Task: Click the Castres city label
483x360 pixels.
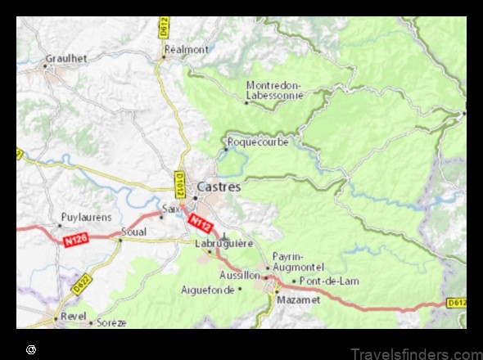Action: [x=219, y=187]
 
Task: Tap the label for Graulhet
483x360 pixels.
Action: [x=66, y=58]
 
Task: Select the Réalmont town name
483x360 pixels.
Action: [x=186, y=49]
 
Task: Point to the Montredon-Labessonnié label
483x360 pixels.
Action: [x=274, y=90]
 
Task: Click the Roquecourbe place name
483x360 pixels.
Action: [x=258, y=142]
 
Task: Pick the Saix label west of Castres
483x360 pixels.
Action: [x=170, y=209]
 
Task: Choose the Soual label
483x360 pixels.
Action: [x=133, y=232]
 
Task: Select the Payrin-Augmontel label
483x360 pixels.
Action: [x=298, y=261]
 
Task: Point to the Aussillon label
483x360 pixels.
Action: [x=241, y=277]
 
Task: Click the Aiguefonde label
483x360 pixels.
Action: [x=207, y=290]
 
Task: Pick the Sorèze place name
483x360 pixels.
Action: [x=111, y=322]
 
